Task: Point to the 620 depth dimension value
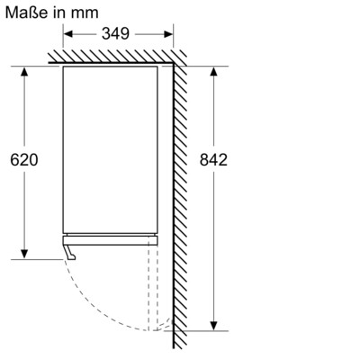24,160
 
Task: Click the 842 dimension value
213,160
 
